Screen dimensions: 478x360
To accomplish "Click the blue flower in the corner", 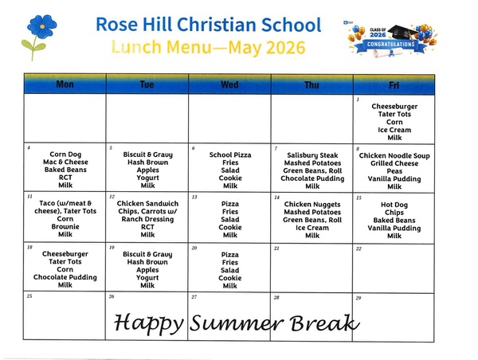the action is pos(41,27).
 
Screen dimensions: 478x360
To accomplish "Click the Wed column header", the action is pos(229,84).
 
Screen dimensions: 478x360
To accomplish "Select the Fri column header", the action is pos(394,85).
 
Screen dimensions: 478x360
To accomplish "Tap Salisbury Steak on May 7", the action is pos(312,155).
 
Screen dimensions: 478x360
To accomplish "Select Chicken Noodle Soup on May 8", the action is pos(394,156).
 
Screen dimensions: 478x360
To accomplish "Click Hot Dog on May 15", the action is pos(394,205).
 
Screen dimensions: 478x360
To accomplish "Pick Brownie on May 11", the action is pos(65,226).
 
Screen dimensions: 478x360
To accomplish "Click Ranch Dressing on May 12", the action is pos(147,219).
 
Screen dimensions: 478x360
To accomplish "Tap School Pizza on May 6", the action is pos(230,155).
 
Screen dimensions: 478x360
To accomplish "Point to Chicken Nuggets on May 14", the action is pos(312,204).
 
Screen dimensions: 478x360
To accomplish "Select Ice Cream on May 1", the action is pos(394,130).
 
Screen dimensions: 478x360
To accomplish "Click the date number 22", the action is pos(358,248).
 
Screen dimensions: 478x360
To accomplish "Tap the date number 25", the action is pos(29,296).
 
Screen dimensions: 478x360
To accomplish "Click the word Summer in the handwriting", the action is pos(237,323).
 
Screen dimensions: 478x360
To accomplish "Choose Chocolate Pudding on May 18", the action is pos(65,277).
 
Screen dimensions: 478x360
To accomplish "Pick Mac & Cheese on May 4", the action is pos(65,162).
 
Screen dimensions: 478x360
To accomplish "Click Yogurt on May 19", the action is pos(147,278).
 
